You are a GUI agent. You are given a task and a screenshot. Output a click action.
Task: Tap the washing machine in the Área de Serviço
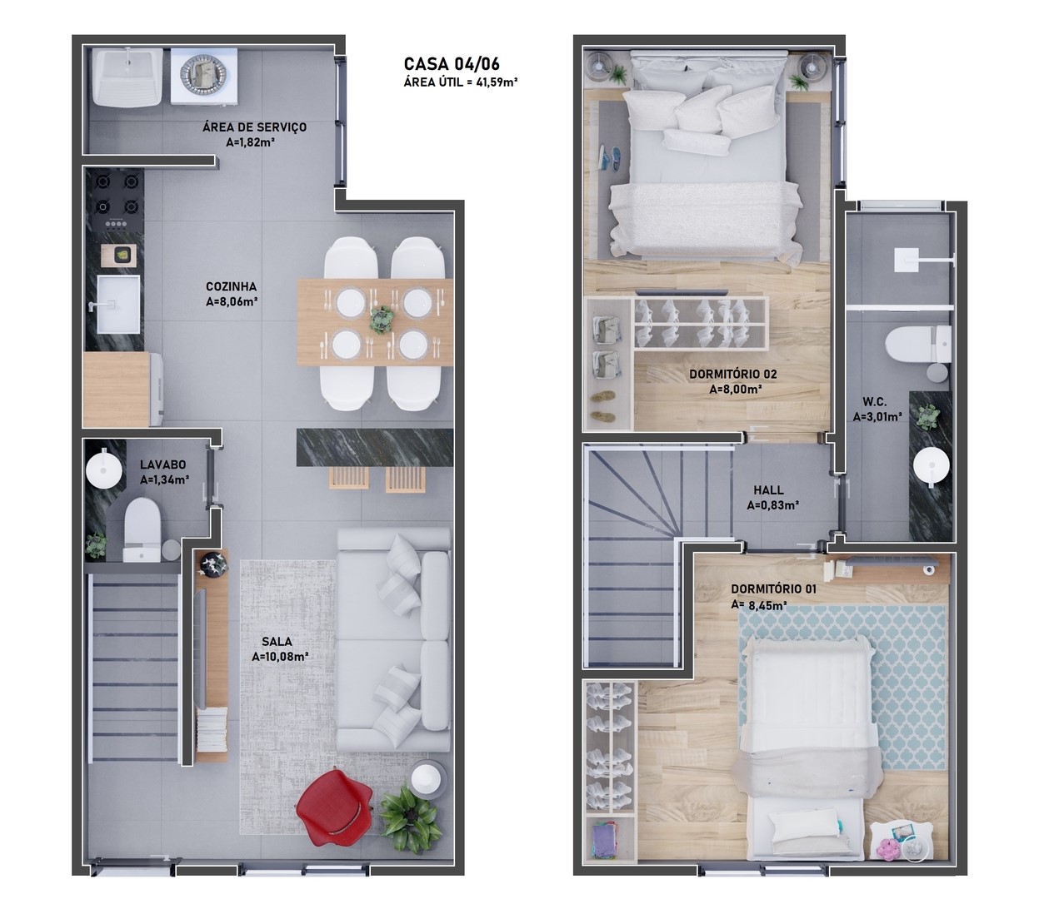pyautogui.click(x=204, y=77)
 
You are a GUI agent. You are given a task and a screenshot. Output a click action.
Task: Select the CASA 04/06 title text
pyautogui.click(x=452, y=63)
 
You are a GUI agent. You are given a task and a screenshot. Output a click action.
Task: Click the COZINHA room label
pyautogui.click(x=231, y=286)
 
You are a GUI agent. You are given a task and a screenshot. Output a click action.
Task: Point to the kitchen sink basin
pyautogui.click(x=118, y=305)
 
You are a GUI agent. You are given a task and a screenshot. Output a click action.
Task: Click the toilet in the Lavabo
pyautogui.click(x=142, y=529)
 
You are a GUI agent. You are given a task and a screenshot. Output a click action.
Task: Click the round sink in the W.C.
pyautogui.click(x=932, y=467)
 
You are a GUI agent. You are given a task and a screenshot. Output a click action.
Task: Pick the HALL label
pyautogui.click(x=768, y=490)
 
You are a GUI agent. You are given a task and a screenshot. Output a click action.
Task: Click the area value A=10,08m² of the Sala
pyautogui.click(x=280, y=657)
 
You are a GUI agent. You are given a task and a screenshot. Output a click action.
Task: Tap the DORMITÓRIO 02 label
pyautogui.click(x=732, y=375)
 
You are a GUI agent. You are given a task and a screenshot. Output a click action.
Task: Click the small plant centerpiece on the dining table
pyautogui.click(x=382, y=320)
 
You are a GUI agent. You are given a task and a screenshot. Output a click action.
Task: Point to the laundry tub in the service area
pyautogui.click(x=127, y=77)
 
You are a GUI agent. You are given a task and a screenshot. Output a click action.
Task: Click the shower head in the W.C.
pyautogui.click(x=906, y=261)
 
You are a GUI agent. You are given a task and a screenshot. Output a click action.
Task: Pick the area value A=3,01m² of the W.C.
pyautogui.click(x=877, y=417)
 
